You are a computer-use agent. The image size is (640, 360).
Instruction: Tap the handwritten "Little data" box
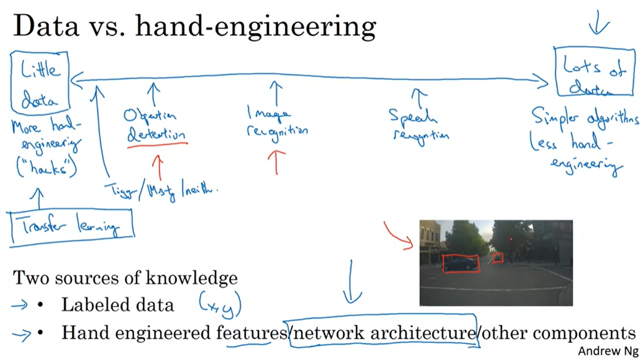click(40, 81)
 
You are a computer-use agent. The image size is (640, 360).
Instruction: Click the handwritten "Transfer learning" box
click(71, 226)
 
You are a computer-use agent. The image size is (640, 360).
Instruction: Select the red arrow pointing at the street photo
click(399, 233)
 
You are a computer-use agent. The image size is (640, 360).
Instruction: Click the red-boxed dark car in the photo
click(460, 263)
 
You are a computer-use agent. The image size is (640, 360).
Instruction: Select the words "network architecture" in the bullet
click(383, 333)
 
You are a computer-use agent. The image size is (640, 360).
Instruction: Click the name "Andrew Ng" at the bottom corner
click(608, 351)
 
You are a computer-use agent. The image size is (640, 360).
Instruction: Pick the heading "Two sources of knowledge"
click(125, 278)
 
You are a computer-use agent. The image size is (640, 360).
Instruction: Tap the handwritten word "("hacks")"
click(46, 167)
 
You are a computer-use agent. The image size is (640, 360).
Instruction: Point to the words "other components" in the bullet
click(559, 333)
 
